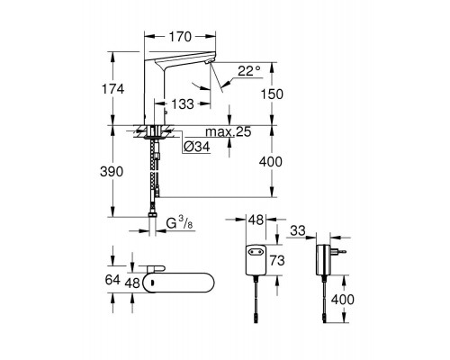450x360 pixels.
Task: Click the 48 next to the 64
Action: pos(133,282)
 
